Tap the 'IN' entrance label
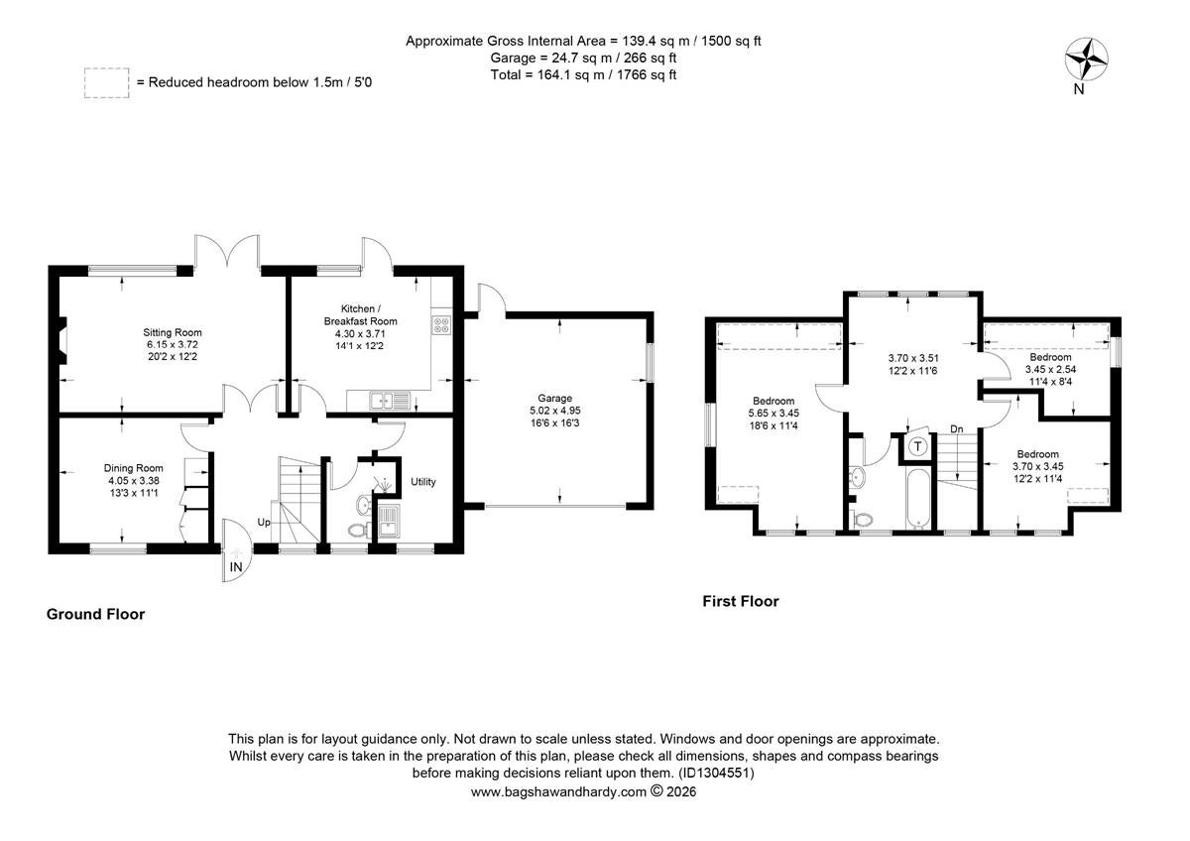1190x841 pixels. click(x=236, y=567)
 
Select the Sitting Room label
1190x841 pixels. click(x=173, y=332)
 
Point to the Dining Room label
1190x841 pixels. click(x=133, y=468)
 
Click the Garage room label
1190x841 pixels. click(x=555, y=398)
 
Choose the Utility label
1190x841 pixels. click(x=423, y=482)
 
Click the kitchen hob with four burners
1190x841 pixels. click(x=441, y=325)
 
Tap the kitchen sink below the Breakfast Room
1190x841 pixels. click(x=391, y=401)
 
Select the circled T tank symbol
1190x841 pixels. click(x=917, y=445)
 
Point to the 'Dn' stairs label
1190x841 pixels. click(x=956, y=428)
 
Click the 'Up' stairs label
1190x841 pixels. click(x=264, y=523)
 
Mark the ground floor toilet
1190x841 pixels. click(x=360, y=530)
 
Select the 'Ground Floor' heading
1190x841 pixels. click(x=95, y=614)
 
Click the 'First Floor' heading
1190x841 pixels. click(x=741, y=601)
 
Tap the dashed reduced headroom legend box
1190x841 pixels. click(x=106, y=83)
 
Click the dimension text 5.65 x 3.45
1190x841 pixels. click(x=773, y=414)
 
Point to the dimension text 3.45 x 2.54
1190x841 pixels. click(x=1050, y=369)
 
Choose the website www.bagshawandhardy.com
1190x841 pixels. click(x=558, y=792)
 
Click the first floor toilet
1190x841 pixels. click(x=861, y=519)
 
